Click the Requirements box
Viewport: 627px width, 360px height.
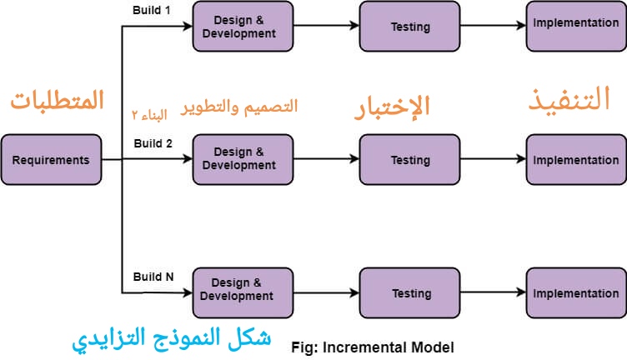[x=51, y=160]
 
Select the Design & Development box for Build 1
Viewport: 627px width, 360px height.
[x=243, y=27]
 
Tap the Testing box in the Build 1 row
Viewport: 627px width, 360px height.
[x=409, y=27]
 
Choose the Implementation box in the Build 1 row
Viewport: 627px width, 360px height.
[x=576, y=23]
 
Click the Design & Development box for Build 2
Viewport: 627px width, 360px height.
[x=243, y=159]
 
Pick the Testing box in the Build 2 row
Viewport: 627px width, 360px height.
[x=409, y=160]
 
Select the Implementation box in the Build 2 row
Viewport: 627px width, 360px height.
[x=576, y=160]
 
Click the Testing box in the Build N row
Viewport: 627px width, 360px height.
[x=409, y=293]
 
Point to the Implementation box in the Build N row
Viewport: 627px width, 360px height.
[x=576, y=293]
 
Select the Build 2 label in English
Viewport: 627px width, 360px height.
[x=153, y=143]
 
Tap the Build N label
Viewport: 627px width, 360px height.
[x=153, y=277]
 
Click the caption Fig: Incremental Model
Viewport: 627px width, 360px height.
[x=373, y=346]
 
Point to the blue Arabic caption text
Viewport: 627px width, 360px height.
[x=172, y=337]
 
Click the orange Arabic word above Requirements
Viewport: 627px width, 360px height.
[x=58, y=101]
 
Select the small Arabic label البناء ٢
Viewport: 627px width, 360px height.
[x=149, y=113]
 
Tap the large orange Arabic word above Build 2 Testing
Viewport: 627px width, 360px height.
[x=392, y=107]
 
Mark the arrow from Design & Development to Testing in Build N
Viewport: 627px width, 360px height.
[x=326, y=293]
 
